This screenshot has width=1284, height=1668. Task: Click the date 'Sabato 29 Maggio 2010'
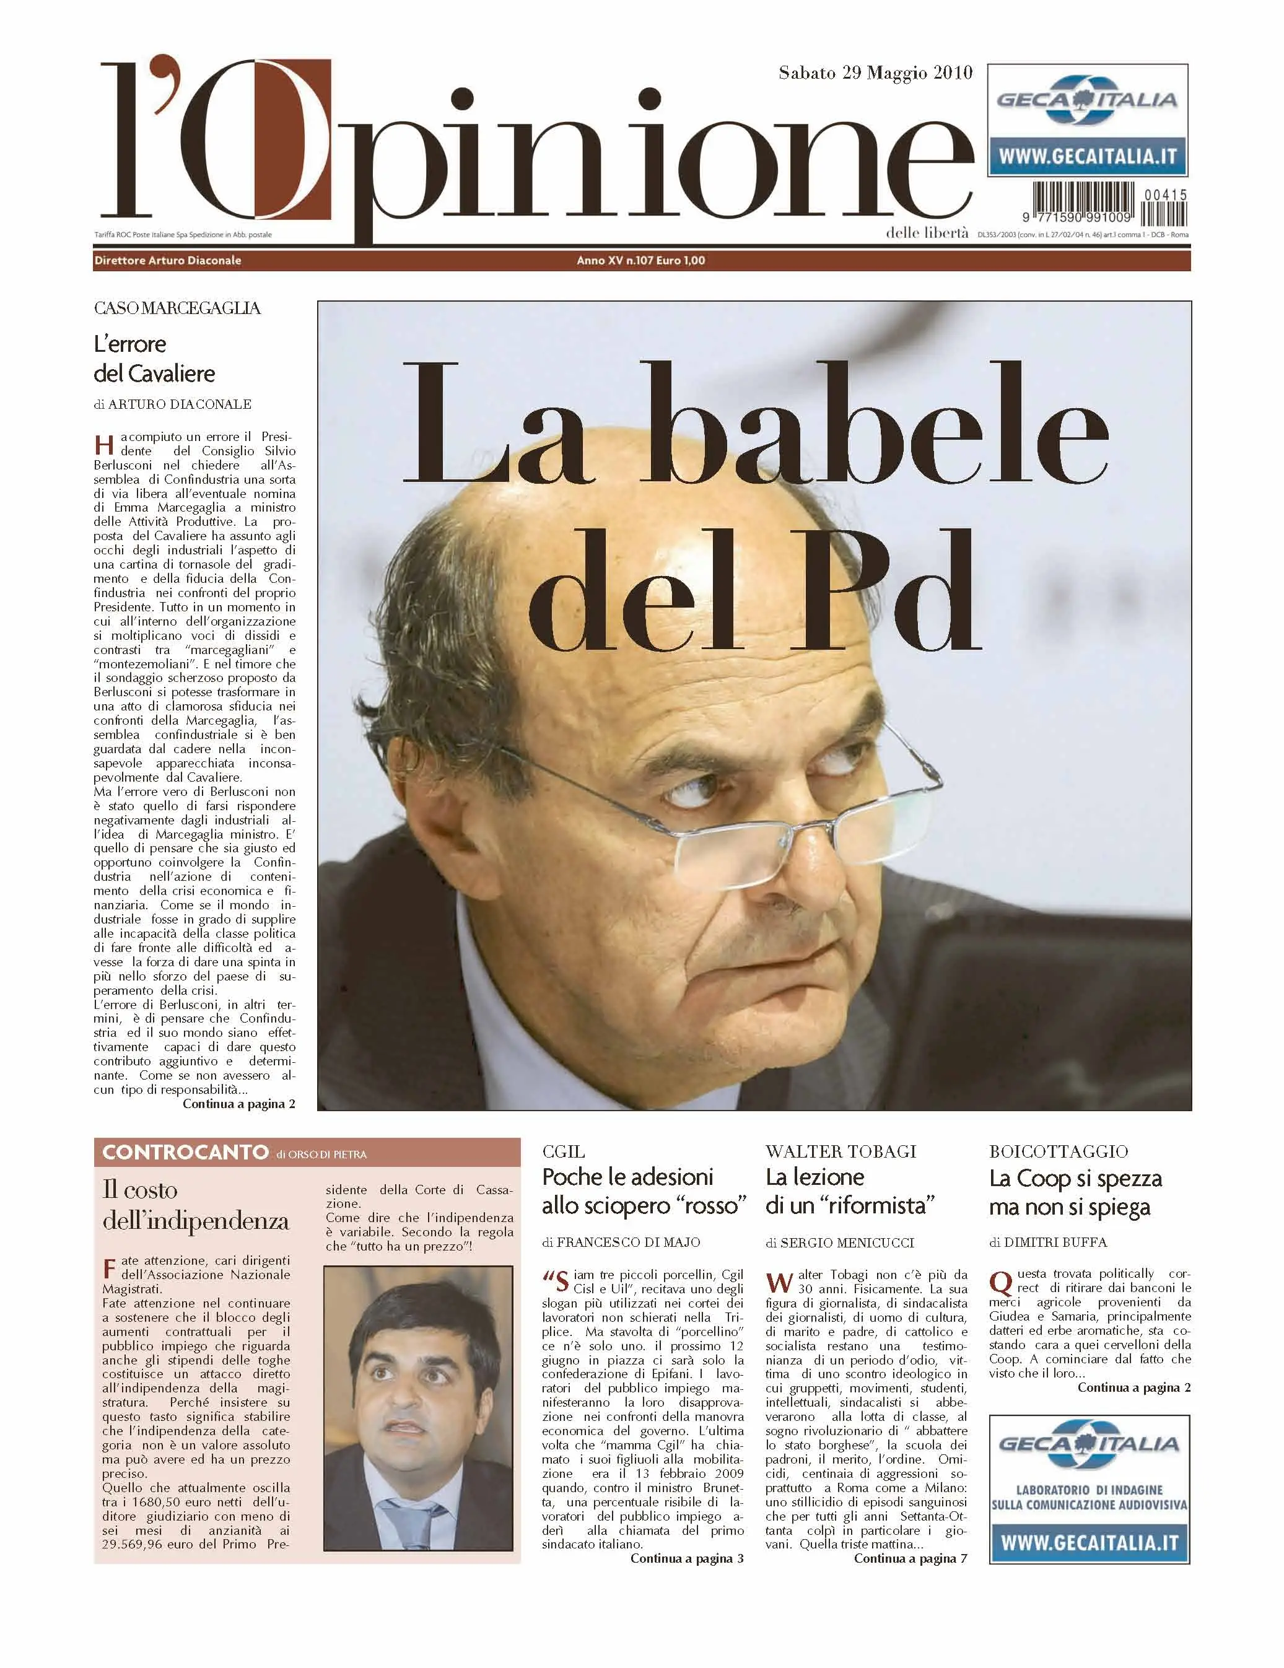tap(875, 72)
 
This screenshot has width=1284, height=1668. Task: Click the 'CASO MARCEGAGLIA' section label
tap(177, 308)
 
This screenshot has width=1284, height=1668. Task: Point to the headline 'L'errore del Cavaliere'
tap(154, 358)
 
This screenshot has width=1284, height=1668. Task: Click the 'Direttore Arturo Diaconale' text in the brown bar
tap(167, 260)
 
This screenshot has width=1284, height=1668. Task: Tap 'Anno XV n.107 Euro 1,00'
tap(640, 260)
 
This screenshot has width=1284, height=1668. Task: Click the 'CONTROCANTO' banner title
tap(185, 1153)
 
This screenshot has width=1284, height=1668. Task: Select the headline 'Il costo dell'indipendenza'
tap(196, 1205)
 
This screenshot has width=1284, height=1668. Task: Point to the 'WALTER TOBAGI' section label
tap(841, 1151)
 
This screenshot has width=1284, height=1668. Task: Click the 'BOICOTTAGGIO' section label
tap(1058, 1151)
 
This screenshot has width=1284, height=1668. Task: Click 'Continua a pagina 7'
tap(910, 1558)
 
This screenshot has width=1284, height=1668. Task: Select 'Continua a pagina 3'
tap(686, 1558)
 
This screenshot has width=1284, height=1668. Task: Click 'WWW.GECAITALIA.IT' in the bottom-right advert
tap(1088, 1543)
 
